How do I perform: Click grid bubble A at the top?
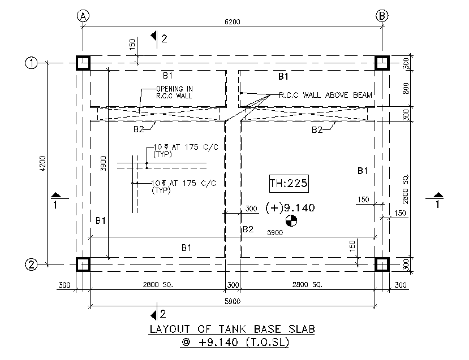83,16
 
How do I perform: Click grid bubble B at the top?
382,15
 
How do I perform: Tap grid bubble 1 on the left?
31,63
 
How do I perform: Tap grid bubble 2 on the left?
31,264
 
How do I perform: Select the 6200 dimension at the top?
233,22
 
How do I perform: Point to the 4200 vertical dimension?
43,163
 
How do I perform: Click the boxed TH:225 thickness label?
289,184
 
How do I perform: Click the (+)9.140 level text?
290,207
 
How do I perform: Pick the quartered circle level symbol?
291,221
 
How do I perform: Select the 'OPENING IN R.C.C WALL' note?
174,92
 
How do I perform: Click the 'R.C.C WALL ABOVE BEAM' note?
325,95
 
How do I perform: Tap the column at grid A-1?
83,63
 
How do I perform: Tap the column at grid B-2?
382,264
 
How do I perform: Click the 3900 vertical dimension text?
103,163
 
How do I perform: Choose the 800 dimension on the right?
406,88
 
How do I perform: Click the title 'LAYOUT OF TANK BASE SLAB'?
232,329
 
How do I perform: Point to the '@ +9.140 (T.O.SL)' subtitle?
235,342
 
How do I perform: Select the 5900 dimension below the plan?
233,301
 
